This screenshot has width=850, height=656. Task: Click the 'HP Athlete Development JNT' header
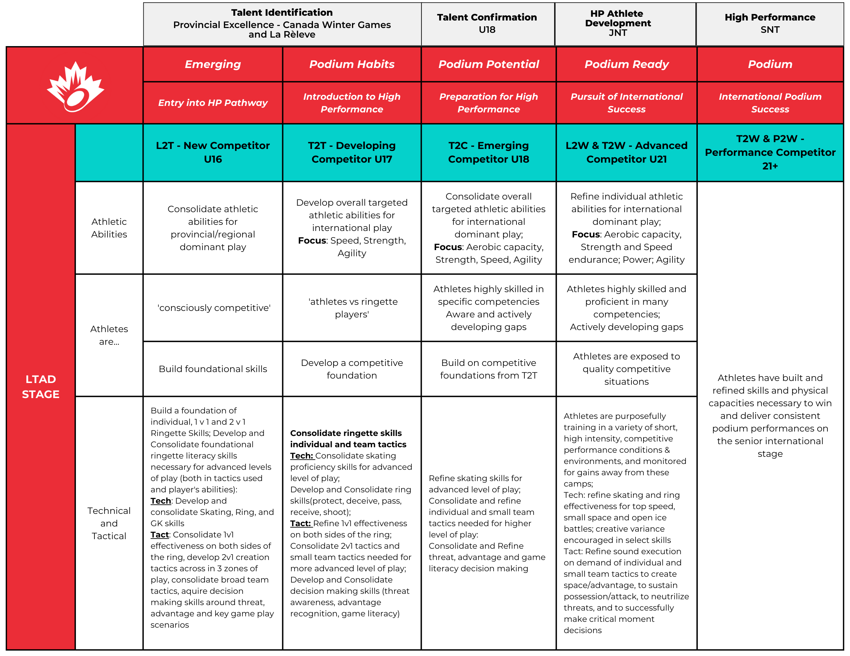coord(618,23)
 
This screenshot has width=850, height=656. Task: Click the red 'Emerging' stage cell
coord(212,64)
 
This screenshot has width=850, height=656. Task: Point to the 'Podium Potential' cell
coord(488,64)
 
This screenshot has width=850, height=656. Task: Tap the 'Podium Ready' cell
coord(626,64)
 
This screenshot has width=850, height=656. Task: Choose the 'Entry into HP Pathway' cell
coord(212,102)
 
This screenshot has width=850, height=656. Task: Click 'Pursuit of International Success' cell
coord(626,102)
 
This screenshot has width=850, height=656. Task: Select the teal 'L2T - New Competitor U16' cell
coord(212,152)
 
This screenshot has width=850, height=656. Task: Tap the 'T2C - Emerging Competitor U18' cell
coord(488,152)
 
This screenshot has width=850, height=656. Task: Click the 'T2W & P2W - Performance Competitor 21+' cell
coord(770,152)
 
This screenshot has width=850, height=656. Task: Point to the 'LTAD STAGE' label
coord(40,386)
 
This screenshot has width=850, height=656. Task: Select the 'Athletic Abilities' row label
coord(109,228)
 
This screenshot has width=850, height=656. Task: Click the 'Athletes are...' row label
coord(109,335)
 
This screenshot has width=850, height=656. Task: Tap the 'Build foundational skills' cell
coord(212,369)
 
